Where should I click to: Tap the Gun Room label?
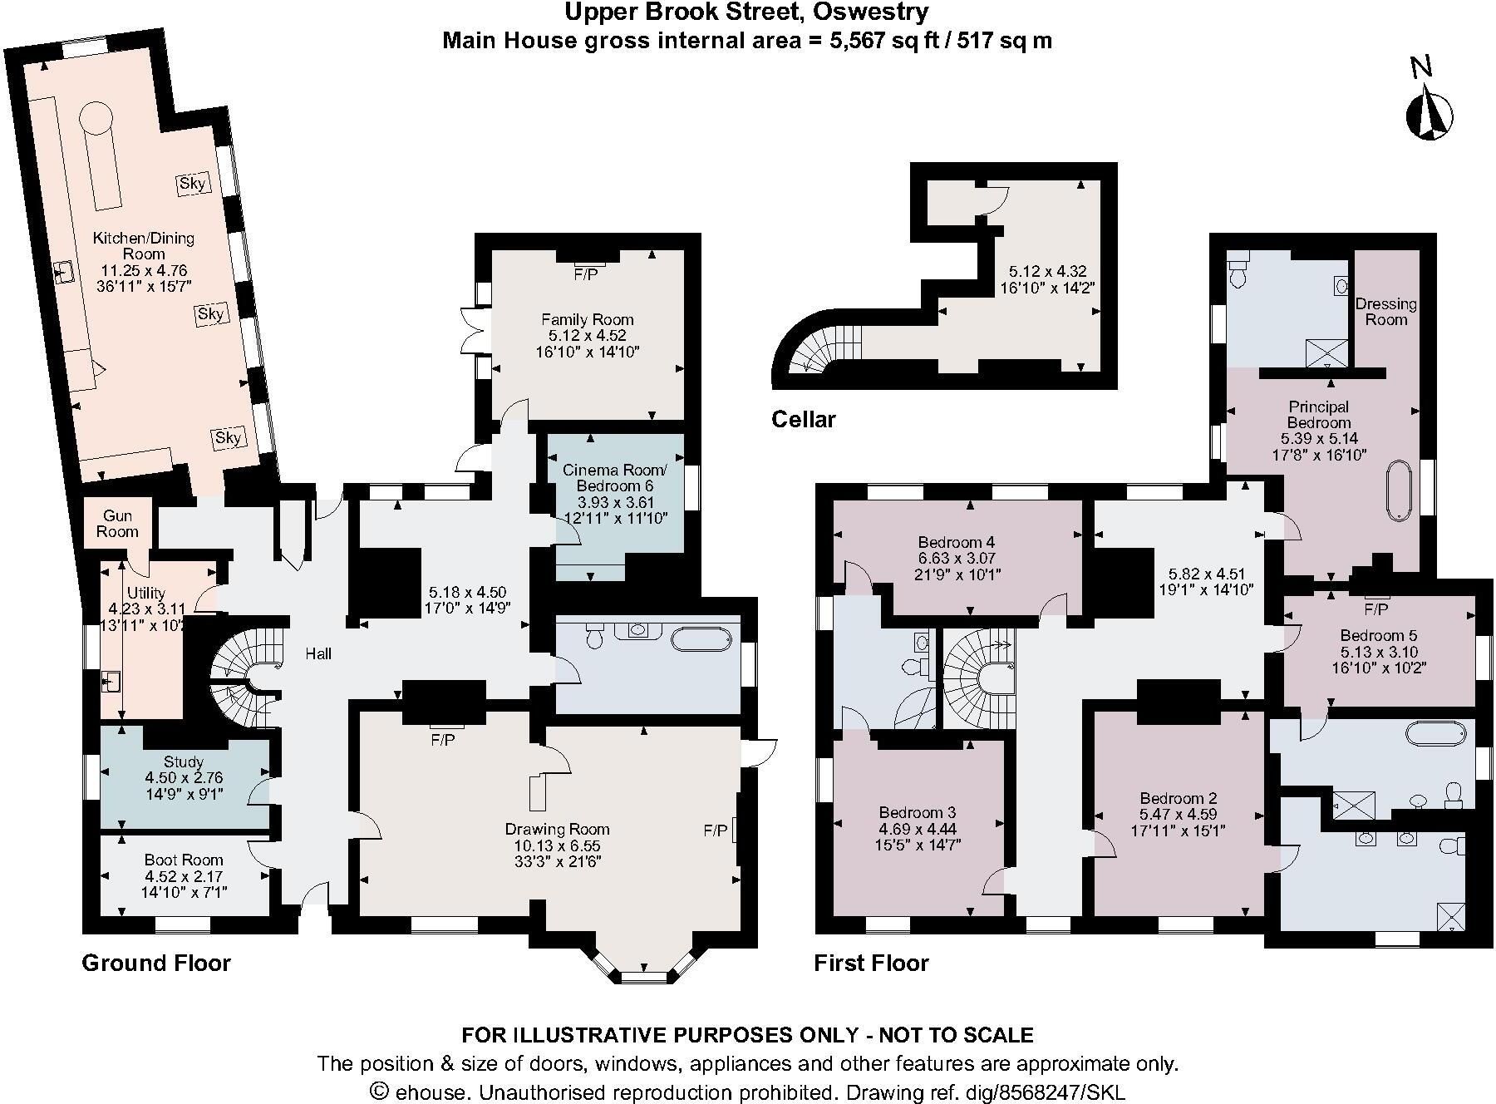[117, 524]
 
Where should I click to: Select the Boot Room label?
[184, 860]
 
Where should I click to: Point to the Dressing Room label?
[1386, 312]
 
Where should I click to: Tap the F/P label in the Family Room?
[586, 274]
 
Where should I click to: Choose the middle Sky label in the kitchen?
[210, 313]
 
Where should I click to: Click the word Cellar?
[803, 419]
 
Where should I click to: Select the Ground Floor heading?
[156, 963]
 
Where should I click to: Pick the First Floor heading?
[871, 963]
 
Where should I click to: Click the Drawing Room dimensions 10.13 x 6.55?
[557, 845]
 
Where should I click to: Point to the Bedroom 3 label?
[918, 812]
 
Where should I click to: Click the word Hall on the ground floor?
[318, 654]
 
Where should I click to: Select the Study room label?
[184, 761]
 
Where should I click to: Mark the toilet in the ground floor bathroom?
[595, 637]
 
